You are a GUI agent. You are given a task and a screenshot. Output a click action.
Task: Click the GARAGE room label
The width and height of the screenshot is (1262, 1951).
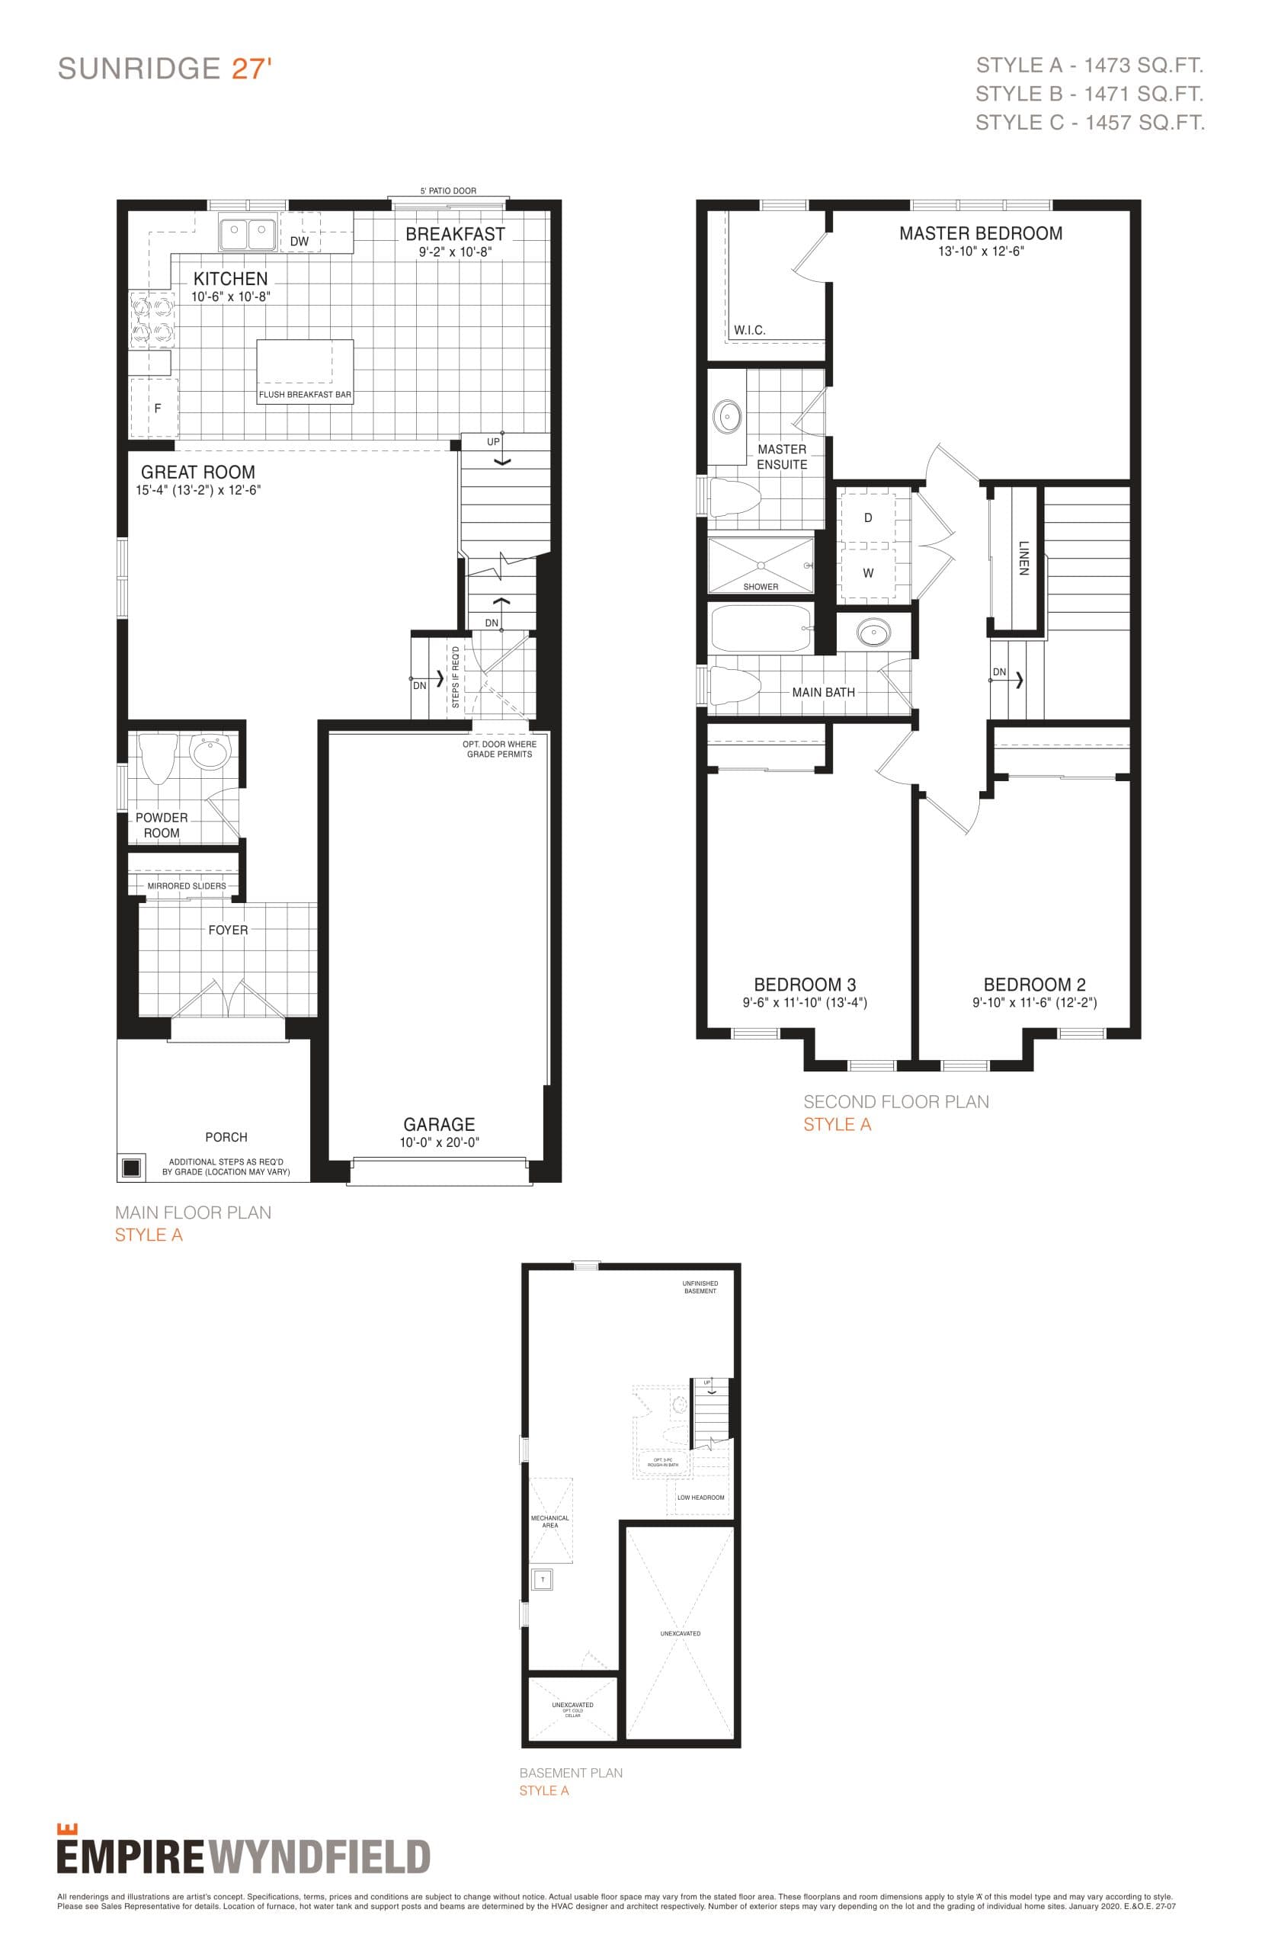pyautogui.click(x=438, y=1124)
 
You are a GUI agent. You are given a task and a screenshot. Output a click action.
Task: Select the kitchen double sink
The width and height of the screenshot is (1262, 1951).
pyautogui.click(x=247, y=232)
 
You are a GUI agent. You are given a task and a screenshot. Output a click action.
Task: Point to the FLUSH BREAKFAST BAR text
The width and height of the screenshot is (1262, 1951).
pyautogui.click(x=305, y=395)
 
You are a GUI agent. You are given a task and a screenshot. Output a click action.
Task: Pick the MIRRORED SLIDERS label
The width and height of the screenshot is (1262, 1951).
pyautogui.click(x=187, y=886)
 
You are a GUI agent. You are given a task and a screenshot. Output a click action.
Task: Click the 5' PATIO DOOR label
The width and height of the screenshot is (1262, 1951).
pyautogui.click(x=447, y=191)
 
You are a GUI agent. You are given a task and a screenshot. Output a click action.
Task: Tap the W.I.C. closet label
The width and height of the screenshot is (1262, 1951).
pyautogui.click(x=749, y=330)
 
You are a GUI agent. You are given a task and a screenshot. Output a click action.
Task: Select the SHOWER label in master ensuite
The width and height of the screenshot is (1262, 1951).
pyautogui.click(x=761, y=587)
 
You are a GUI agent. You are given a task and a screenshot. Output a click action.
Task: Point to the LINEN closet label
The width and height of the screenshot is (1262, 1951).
pyautogui.click(x=1023, y=557)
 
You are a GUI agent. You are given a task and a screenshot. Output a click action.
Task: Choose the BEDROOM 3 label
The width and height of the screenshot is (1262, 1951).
pyautogui.click(x=805, y=984)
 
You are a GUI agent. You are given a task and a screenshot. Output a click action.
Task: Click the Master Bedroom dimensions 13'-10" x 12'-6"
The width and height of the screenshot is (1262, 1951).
pyautogui.click(x=981, y=251)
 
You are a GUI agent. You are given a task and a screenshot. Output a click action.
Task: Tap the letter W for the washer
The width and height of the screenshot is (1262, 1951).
pyautogui.click(x=868, y=573)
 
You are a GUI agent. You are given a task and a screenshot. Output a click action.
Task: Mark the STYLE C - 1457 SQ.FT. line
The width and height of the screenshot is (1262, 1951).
pyautogui.click(x=1089, y=123)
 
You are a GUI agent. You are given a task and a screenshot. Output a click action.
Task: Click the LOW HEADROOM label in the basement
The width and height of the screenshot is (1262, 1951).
pyautogui.click(x=700, y=1497)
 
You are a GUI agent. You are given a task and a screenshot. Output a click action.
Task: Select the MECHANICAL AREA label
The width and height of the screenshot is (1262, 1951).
pyautogui.click(x=550, y=1521)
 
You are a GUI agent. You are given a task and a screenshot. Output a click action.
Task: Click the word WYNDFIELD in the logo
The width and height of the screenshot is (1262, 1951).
pyautogui.click(x=319, y=1857)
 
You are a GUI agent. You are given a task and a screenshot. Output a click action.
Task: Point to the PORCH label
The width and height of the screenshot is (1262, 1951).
pyautogui.click(x=226, y=1137)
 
